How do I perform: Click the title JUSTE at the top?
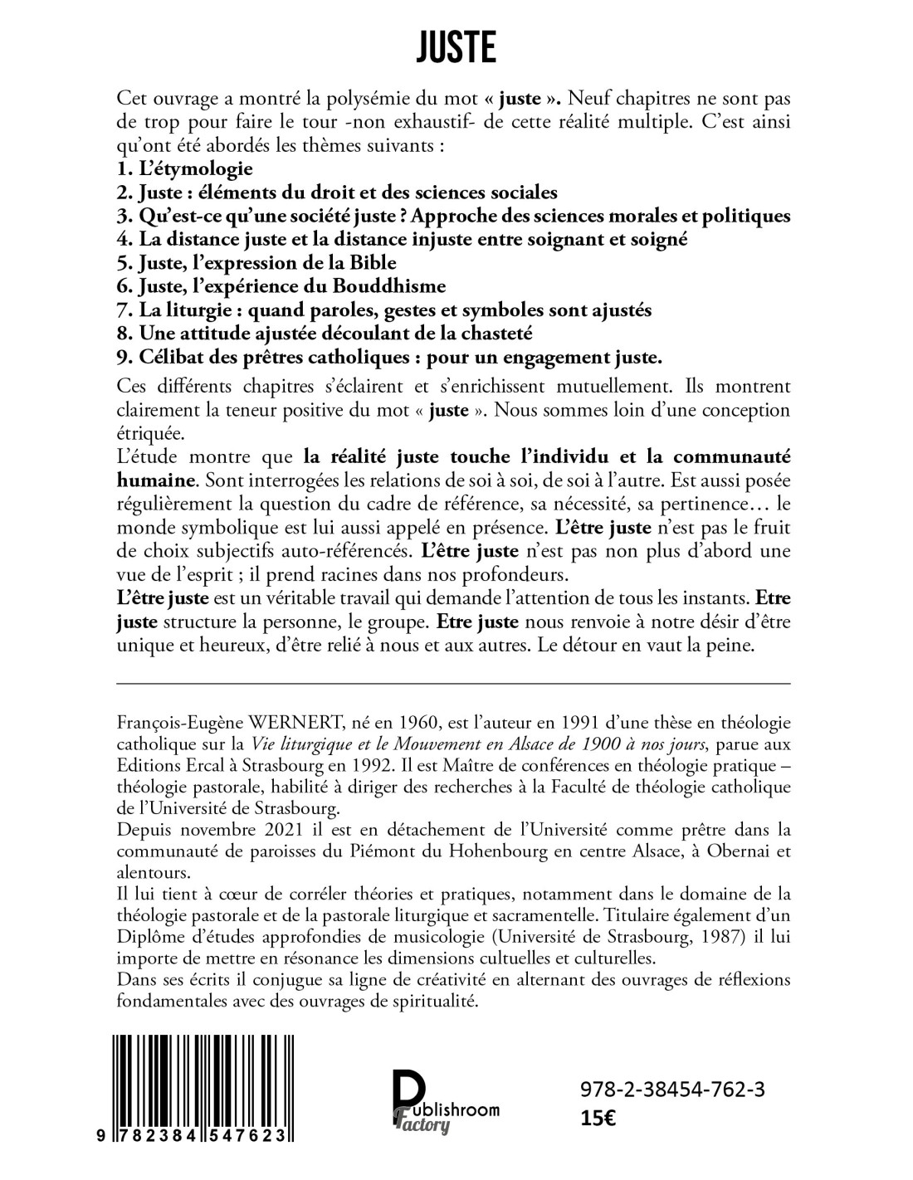(x=456, y=48)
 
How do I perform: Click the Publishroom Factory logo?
(x=445, y=1101)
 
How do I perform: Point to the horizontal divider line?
(x=454, y=683)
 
